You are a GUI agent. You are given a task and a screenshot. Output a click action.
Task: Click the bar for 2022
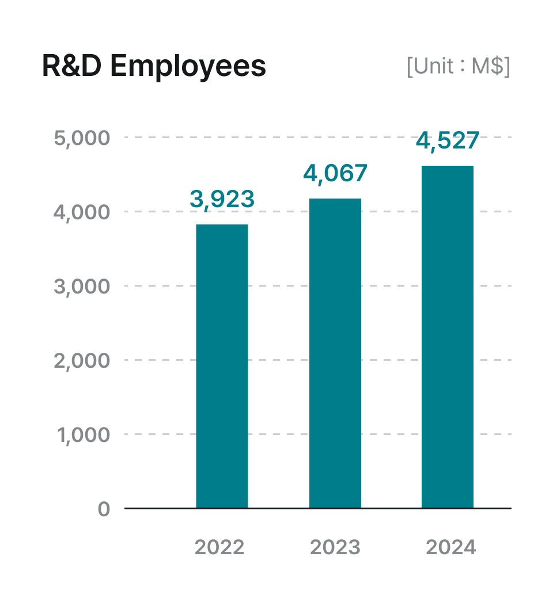tap(222, 366)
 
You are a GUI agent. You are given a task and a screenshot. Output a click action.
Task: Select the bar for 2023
tap(335, 353)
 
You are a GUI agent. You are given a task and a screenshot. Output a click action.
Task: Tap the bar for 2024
tap(448, 337)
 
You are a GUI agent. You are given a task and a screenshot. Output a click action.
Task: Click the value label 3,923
tap(222, 199)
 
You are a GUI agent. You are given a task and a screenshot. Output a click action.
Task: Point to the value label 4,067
tap(335, 173)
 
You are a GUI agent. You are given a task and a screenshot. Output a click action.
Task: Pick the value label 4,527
tap(448, 141)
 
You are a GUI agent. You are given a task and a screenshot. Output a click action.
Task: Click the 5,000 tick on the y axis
tap(81, 138)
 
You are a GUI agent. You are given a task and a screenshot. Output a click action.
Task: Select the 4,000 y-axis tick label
tap(81, 212)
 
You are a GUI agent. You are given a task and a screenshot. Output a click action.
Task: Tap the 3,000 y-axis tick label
tap(81, 287)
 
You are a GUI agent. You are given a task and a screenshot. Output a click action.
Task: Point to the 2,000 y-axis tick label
tap(81, 361)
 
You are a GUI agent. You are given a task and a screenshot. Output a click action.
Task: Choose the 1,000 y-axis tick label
tap(83, 435)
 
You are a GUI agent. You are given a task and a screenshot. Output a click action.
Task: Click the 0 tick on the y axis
tap(104, 509)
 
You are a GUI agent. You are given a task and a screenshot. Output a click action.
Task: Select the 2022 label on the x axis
tap(219, 547)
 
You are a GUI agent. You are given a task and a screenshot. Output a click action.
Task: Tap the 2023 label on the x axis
tap(335, 547)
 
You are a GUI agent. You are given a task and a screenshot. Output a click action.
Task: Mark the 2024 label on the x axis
tap(451, 547)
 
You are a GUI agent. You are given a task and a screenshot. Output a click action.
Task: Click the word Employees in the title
tap(188, 67)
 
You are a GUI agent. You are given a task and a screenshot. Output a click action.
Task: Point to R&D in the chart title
tap(73, 67)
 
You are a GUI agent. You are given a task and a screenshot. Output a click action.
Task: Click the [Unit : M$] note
tap(458, 67)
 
